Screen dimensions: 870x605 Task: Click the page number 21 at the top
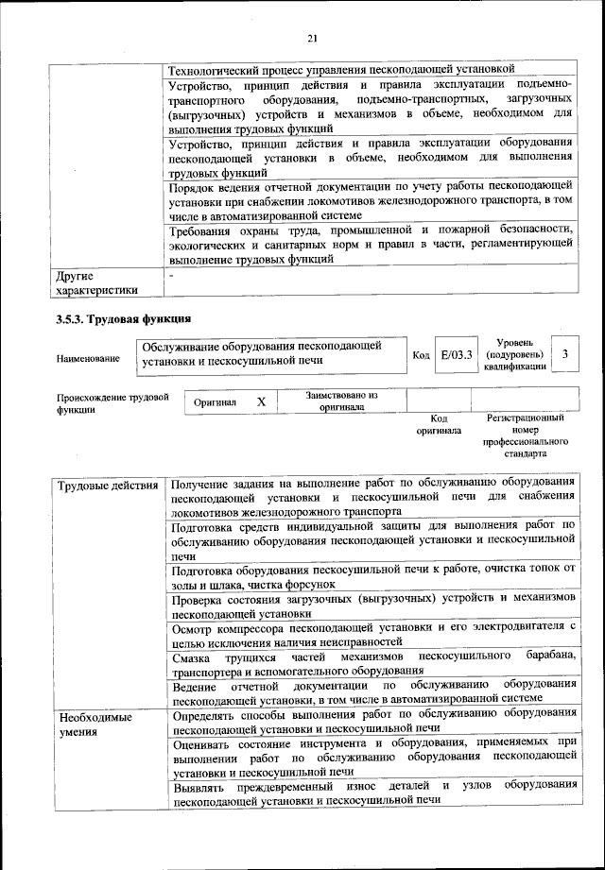click(x=312, y=37)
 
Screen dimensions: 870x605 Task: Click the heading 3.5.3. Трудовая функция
click(x=124, y=318)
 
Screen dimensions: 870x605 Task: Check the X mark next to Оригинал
click(x=261, y=401)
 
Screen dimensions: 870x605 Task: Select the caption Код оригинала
click(x=439, y=424)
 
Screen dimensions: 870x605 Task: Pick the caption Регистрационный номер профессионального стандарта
click(x=525, y=435)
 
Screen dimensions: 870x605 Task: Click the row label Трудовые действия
click(x=108, y=486)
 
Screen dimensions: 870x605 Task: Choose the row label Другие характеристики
click(x=97, y=283)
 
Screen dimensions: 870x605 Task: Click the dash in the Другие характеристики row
click(x=172, y=275)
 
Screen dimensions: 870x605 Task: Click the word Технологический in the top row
click(x=219, y=69)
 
